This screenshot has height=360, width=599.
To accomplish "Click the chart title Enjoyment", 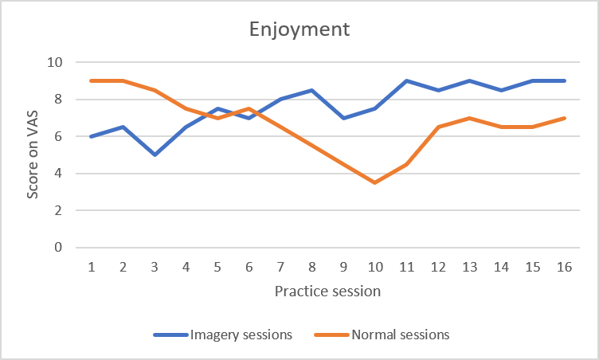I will [x=299, y=30].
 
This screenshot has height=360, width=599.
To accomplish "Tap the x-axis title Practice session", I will [x=327, y=291].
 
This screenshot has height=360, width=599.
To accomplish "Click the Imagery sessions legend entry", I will [x=225, y=335].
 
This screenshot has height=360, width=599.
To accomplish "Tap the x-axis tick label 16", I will [x=565, y=267].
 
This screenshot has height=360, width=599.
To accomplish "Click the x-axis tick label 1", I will [x=92, y=267].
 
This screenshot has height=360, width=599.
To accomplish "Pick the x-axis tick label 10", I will [x=375, y=267].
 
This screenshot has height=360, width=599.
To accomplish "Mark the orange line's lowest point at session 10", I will [x=375, y=182].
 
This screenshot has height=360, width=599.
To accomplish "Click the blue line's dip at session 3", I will [x=155, y=155].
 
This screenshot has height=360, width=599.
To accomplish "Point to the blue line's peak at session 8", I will [x=312, y=90].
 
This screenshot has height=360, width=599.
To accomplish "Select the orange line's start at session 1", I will [x=92, y=80].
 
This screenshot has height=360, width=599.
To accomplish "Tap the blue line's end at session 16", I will [x=565, y=80].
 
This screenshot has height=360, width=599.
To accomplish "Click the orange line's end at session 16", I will [x=565, y=118].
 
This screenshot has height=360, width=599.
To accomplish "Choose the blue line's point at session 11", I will [x=407, y=80].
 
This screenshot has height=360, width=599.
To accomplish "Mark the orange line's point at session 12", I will [x=439, y=127].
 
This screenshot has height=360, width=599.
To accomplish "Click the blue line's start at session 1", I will [x=92, y=136].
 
